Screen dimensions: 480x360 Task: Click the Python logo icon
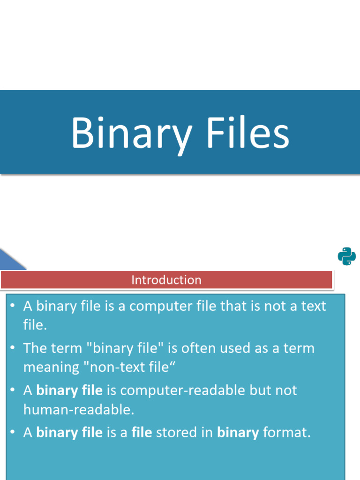[x=346, y=256]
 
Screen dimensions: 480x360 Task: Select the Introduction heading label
[x=166, y=280]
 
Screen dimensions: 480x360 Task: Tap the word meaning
[x=51, y=367]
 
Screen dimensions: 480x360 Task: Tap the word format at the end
[x=286, y=432]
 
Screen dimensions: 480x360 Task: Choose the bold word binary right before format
[x=238, y=432]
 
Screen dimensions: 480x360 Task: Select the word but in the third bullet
[x=260, y=390]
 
